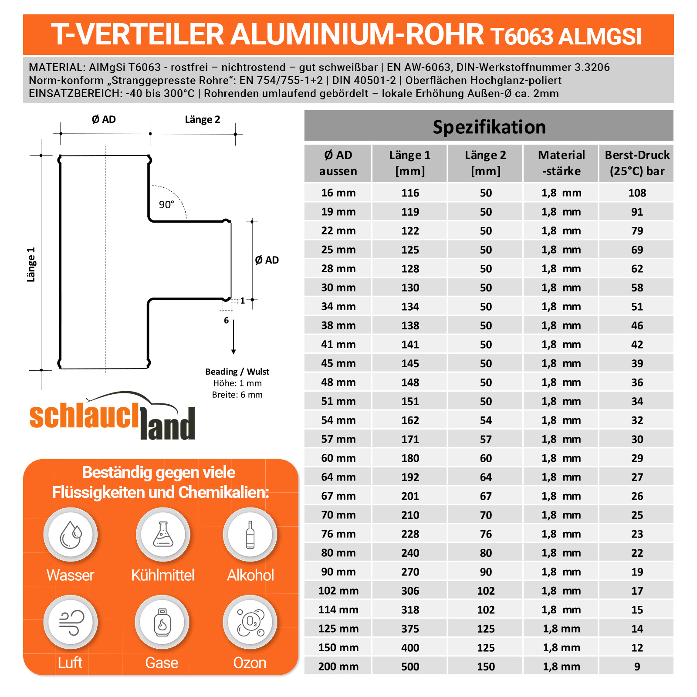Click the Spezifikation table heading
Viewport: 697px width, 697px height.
(x=489, y=127)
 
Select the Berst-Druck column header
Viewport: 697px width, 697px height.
(x=637, y=163)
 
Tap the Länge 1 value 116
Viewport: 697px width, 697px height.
(x=410, y=193)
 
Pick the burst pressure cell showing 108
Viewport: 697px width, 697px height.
(x=637, y=193)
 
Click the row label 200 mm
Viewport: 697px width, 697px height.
(x=338, y=667)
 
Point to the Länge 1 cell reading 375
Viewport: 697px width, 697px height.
(x=410, y=629)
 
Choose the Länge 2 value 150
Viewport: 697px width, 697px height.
(x=486, y=667)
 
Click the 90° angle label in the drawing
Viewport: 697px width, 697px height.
(x=166, y=204)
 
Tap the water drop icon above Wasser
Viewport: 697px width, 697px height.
(x=71, y=535)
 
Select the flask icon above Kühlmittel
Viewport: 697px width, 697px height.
(x=163, y=535)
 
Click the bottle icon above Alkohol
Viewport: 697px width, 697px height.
(x=250, y=535)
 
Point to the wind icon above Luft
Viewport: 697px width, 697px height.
(x=71, y=622)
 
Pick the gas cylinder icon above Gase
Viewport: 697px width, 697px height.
(x=162, y=622)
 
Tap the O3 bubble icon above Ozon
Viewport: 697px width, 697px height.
(x=250, y=622)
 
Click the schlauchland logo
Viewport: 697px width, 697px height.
(x=112, y=417)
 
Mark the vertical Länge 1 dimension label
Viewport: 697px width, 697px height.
(x=31, y=264)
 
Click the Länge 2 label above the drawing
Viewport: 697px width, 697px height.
(x=203, y=120)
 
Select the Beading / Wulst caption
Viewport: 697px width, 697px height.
(x=237, y=372)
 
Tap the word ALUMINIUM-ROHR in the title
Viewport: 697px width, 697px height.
(x=357, y=35)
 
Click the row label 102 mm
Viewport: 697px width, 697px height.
(x=338, y=591)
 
